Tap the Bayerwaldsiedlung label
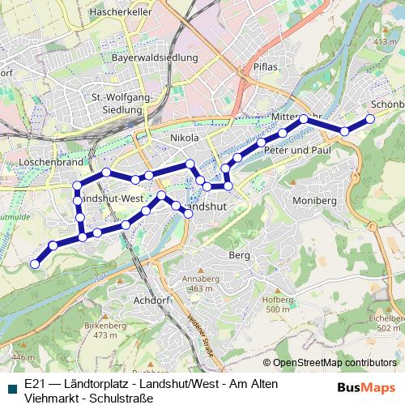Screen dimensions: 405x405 (x=156, y=58)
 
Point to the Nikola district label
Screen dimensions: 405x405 (x=185, y=139)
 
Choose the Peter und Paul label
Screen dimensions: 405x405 (x=298, y=151)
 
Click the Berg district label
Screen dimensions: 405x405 (x=241, y=254)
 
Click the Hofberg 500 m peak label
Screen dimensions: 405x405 (x=277, y=304)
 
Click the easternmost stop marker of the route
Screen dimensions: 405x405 (x=370, y=119)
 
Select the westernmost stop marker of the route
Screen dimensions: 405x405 (x=35, y=263)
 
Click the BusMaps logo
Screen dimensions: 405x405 (x=366, y=388)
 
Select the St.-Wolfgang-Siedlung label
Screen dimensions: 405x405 (x=123, y=104)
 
